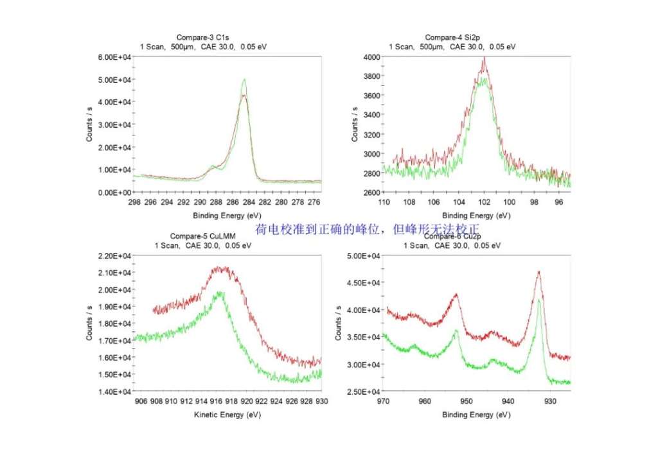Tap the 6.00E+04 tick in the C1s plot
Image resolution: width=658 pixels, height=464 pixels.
[114, 57]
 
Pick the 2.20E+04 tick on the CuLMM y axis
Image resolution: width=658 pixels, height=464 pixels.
[114, 256]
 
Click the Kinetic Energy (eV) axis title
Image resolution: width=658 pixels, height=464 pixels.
[227, 415]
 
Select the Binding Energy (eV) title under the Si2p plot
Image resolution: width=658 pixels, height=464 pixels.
[476, 216]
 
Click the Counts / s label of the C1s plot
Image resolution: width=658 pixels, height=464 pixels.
[90, 125]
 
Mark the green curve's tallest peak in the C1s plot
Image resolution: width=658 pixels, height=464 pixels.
[244, 80]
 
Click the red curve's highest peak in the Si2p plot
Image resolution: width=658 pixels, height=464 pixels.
[484, 58]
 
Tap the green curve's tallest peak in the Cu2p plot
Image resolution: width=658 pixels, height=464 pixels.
[539, 299]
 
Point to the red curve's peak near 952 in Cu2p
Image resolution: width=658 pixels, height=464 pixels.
[456, 295]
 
